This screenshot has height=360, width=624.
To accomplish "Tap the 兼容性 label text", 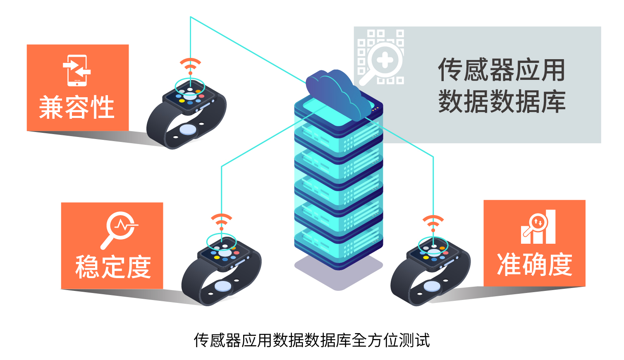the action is click(x=77, y=107).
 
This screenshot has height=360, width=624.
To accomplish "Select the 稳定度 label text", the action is click(x=113, y=267).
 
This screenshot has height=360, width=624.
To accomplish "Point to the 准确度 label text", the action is click(x=535, y=265).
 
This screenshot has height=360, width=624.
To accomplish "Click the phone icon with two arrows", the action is click(x=77, y=70).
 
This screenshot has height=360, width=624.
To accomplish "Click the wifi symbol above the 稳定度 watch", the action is click(x=222, y=222).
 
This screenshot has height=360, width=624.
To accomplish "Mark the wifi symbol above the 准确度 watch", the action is click(x=433, y=223).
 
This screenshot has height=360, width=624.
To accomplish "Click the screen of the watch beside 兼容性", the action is click(x=189, y=96).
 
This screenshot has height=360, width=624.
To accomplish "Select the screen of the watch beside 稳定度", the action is click(x=225, y=252).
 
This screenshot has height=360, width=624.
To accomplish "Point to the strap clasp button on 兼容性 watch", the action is click(x=188, y=130).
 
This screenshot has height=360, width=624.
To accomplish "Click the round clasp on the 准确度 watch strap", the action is click(x=432, y=286).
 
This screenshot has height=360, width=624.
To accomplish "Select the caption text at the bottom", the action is click(x=312, y=340).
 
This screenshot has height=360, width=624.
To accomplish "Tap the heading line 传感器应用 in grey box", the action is click(x=502, y=70).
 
